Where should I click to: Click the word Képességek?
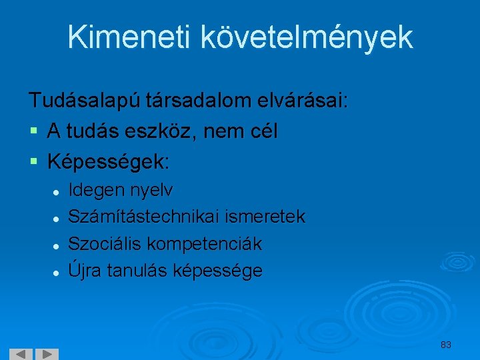pyautogui.click(x=109, y=162)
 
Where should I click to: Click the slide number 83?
pyautogui.click(x=446, y=345)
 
